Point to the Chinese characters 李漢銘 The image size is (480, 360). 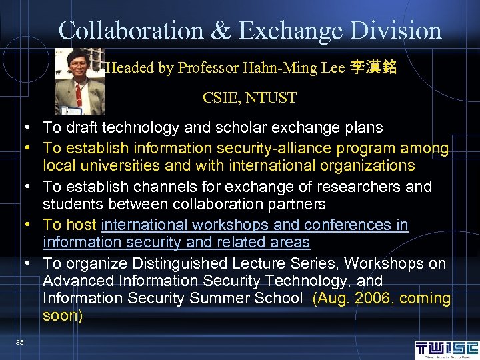click(373, 68)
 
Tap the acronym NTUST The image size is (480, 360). click(271, 98)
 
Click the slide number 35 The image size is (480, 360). click(20, 342)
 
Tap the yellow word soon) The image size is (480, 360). click(63, 315)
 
